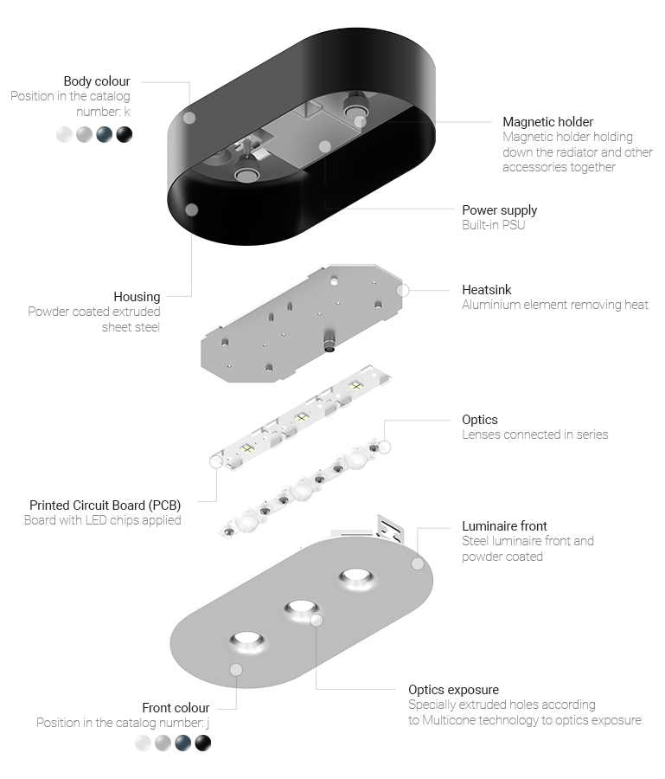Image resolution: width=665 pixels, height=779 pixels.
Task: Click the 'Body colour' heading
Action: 97,81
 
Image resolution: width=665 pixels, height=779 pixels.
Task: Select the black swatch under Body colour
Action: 124,135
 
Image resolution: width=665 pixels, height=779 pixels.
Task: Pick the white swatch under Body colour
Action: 65,135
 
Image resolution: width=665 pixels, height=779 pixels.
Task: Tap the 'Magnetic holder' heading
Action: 548,122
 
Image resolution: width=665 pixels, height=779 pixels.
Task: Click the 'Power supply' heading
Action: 499,210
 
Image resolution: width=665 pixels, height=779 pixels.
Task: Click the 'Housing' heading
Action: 137,297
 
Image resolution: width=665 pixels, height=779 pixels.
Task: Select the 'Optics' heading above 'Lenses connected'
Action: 480,420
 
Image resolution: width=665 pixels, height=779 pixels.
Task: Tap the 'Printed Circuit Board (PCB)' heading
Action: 106,505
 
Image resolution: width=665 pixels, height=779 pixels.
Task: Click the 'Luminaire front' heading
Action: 504,526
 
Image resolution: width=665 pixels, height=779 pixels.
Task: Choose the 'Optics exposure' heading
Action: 454,690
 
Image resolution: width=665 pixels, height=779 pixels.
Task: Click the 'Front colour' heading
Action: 176,707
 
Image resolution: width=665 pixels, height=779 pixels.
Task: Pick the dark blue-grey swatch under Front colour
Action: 183,744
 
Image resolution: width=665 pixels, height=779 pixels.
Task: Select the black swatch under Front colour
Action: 203,744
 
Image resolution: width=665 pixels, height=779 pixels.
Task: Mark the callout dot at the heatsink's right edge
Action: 402,291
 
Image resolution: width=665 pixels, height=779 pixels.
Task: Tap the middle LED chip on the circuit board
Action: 301,417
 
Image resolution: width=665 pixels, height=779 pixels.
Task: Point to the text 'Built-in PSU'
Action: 493,225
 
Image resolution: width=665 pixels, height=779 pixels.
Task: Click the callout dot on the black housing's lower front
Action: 192,209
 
